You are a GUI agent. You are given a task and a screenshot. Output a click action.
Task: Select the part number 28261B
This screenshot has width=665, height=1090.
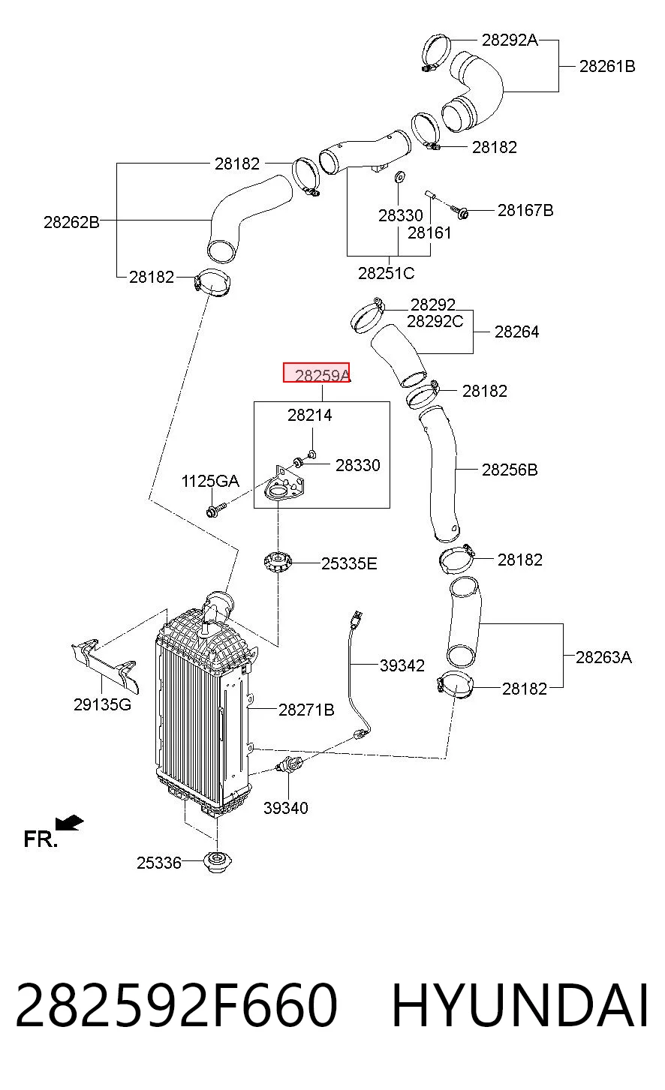tap(607, 66)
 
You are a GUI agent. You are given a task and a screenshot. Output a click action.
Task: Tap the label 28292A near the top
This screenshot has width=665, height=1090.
tap(510, 40)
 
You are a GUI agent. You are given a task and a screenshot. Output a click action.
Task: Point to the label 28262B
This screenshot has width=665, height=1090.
tap(71, 222)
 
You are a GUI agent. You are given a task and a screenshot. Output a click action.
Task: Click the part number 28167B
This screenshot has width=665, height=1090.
tap(525, 210)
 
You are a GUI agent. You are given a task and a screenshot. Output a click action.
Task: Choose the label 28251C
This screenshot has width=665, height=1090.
tap(386, 273)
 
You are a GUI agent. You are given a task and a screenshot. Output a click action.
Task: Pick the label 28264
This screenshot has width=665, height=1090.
tap(516, 332)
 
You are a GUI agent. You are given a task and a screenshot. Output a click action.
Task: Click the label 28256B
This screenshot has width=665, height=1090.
tap(510, 470)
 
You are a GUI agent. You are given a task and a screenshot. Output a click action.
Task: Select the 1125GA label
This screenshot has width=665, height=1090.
tap(210, 482)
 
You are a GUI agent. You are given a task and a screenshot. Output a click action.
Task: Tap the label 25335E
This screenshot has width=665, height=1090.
tap(349, 563)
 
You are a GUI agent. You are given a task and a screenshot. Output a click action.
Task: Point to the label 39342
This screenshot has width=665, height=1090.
tap(402, 665)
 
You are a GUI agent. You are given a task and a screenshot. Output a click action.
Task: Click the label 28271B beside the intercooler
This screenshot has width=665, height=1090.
tap(306, 710)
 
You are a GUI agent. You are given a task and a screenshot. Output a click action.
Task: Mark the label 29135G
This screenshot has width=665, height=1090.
tap(102, 704)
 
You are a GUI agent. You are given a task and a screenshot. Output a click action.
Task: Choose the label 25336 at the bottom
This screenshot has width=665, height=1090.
tap(158, 863)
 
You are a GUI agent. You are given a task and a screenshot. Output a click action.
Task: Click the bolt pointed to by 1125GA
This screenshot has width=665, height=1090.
tap(216, 509)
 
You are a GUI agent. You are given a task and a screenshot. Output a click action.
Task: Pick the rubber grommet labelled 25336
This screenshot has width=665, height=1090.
tap(217, 862)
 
